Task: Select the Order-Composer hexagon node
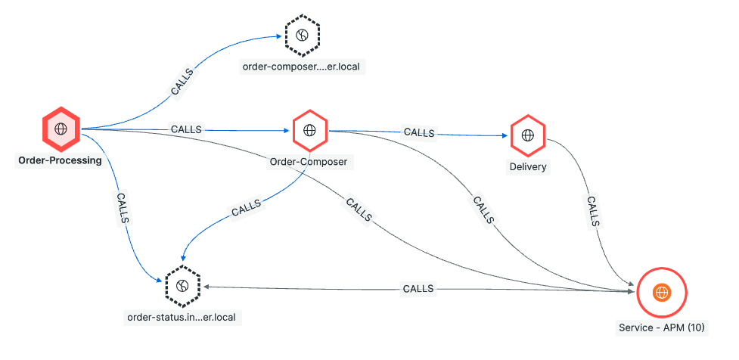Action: point(309,130)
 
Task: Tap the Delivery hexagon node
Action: point(527,136)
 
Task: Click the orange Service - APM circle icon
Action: point(661,292)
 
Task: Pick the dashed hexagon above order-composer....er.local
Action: point(302,35)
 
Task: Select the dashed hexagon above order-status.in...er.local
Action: point(182,285)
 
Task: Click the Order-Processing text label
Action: point(60,161)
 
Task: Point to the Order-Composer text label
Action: point(307,162)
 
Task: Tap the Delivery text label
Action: point(527,166)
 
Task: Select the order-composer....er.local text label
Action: point(302,67)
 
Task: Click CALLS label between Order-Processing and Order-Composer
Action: point(186,129)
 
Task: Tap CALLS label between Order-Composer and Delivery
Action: point(418,132)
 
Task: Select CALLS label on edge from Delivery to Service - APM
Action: point(593,212)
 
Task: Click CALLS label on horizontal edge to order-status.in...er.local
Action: point(418,288)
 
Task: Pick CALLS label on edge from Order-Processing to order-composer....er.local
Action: point(181,82)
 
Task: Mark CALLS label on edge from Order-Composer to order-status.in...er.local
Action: point(246,208)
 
